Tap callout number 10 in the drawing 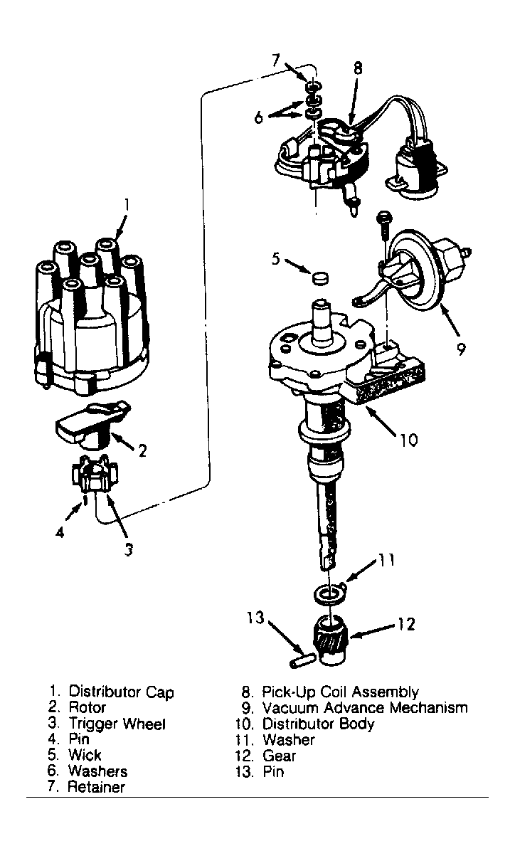click(x=410, y=439)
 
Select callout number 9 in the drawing click(x=461, y=349)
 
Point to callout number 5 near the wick click(x=276, y=259)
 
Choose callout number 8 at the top click(x=357, y=69)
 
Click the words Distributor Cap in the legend click(x=121, y=692)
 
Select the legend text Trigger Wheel click(x=117, y=724)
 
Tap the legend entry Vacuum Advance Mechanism click(x=365, y=708)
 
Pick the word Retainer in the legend click(x=96, y=787)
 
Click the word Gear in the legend click(x=279, y=756)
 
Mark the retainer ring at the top click(x=312, y=88)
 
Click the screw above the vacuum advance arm click(x=383, y=228)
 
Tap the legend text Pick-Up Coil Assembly click(x=340, y=692)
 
